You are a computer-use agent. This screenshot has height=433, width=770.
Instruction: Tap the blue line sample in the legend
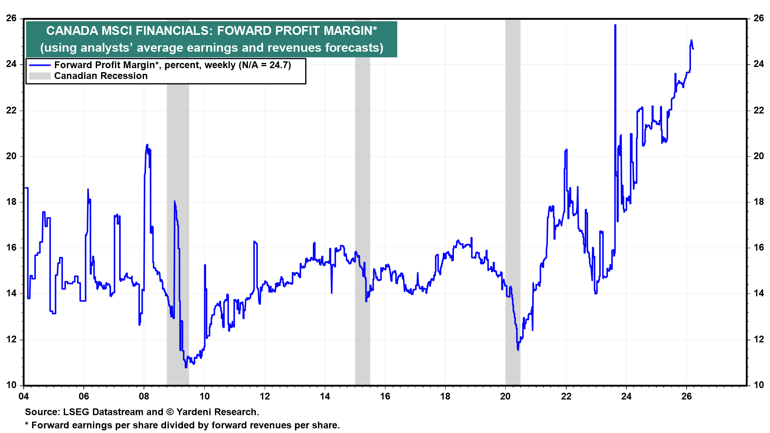pyautogui.click(x=40, y=65)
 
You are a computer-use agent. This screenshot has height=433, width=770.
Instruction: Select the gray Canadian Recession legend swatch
pyautogui.click(x=40, y=76)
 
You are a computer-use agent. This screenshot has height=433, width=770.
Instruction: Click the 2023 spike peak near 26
pyautogui.click(x=615, y=25)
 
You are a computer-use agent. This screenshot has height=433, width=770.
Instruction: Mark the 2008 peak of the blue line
pyautogui.click(x=147, y=145)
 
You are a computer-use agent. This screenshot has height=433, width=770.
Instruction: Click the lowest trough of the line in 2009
pyautogui.click(x=186, y=367)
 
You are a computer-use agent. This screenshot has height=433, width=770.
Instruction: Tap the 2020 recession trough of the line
pyautogui.click(x=518, y=350)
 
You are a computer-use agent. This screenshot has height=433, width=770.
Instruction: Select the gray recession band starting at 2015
pyautogui.click(x=363, y=200)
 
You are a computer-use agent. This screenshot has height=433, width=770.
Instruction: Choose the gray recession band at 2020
pyautogui.click(x=513, y=200)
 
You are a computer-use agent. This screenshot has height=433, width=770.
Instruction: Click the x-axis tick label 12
pyautogui.click(x=265, y=397)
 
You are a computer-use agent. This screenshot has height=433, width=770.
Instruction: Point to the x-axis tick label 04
pyautogui.click(x=24, y=397)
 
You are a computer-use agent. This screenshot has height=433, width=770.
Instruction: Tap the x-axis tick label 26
pyautogui.click(x=687, y=397)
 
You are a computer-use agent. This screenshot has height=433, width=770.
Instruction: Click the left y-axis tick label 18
pyautogui.click(x=11, y=202)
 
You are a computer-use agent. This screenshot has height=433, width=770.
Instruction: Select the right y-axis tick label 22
pyautogui.click(x=759, y=110)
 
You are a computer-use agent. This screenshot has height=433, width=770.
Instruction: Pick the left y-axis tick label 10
pyautogui.click(x=11, y=385)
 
